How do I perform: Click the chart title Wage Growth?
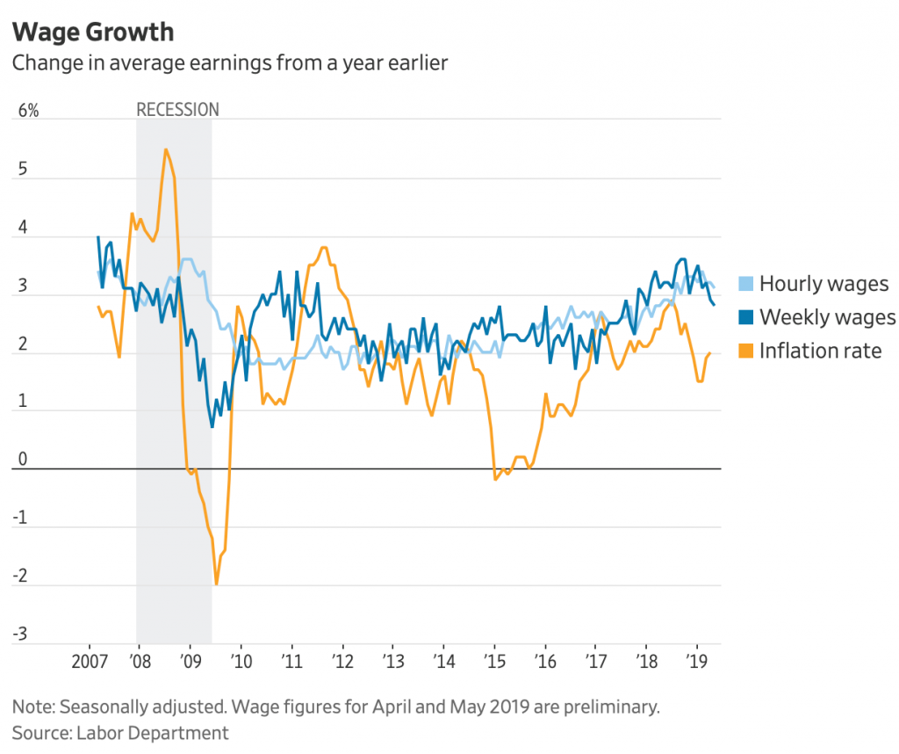pyautogui.click(x=92, y=33)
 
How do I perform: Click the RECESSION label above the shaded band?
pyautogui.click(x=177, y=110)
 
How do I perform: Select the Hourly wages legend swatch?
pyautogui.click(x=745, y=283)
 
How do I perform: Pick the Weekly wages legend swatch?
pyautogui.click(x=745, y=317)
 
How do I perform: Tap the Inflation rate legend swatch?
pyautogui.click(x=745, y=351)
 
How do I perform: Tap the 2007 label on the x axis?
pyautogui.click(x=89, y=661)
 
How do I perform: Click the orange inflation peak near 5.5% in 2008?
pyautogui.click(x=165, y=149)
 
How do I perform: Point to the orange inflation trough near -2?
pyautogui.click(x=216, y=584)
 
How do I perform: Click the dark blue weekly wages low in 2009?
pyautogui.click(x=212, y=426)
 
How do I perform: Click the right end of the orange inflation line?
pyautogui.click(x=709, y=352)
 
